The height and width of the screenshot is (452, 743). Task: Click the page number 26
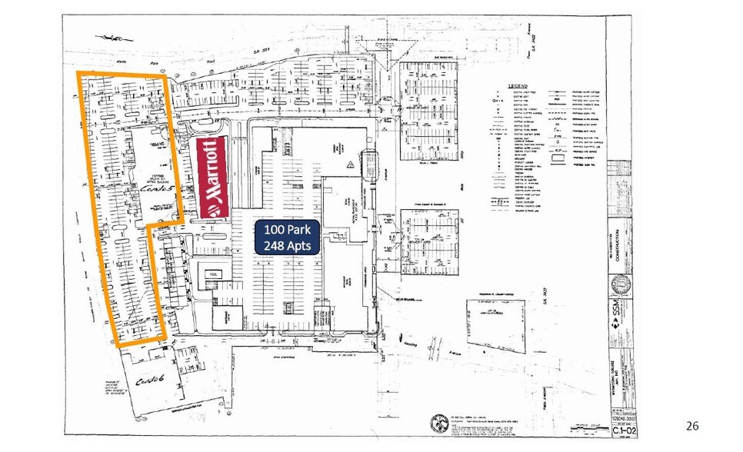(x=692, y=425)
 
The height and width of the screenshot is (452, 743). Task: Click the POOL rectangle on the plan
(x=211, y=272)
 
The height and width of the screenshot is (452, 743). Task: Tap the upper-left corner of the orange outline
(x=79, y=73)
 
